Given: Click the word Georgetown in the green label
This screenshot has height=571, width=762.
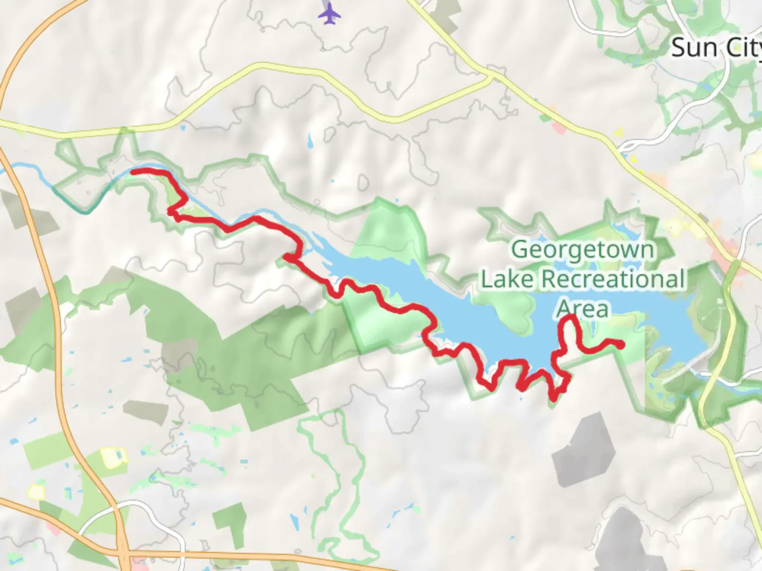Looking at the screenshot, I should coord(583,250).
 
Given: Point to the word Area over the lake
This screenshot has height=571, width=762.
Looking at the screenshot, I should coord(583,309).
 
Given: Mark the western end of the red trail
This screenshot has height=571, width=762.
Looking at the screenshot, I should coord(132,171).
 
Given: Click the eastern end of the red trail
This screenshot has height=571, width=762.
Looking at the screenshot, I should coord(621,345).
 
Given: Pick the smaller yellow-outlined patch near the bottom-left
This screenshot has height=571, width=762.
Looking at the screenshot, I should coord(36,492).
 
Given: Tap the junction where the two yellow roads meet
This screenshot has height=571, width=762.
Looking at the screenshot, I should coord(491,79).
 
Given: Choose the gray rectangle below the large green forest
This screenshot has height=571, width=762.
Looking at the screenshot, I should coord(146,410).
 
